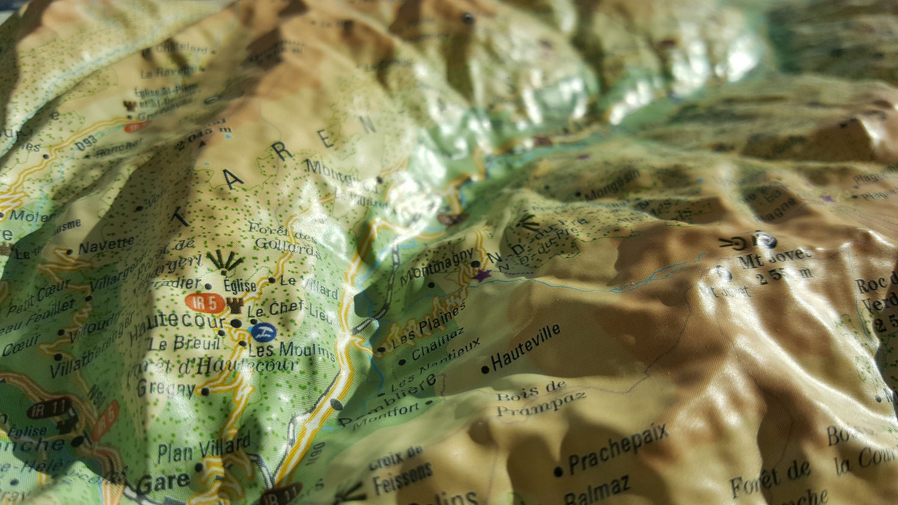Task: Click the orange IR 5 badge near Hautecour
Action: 205,303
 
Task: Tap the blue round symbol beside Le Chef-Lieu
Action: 263,331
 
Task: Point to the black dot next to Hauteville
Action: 485,370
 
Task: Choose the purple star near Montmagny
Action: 481,275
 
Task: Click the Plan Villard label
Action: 204,448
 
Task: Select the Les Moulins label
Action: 292,350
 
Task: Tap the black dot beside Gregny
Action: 205,391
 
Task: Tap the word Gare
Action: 163,483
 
